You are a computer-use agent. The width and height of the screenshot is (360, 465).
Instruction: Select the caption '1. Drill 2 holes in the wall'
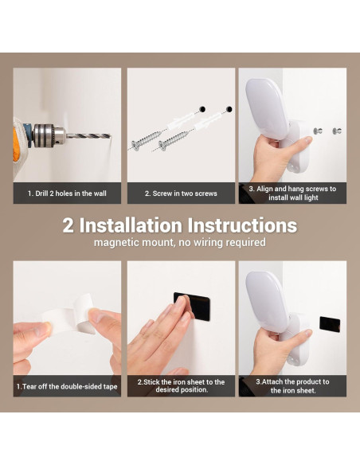[67, 193]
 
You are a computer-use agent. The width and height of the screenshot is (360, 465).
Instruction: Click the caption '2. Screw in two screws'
[181, 193]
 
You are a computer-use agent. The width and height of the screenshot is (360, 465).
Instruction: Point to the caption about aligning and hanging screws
[292, 193]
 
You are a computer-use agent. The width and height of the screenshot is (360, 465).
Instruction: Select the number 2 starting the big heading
[69, 225]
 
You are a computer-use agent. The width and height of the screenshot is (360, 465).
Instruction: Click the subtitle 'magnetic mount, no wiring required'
[179, 243]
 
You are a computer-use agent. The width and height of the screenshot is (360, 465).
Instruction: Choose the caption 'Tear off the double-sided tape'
[67, 387]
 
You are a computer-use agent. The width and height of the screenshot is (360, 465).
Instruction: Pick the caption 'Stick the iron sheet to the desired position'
[181, 386]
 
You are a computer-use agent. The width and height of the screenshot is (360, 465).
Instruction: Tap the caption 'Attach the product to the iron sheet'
[292, 386]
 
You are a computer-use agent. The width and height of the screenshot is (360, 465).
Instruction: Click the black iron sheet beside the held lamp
[330, 324]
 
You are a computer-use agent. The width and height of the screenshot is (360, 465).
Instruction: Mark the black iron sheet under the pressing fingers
[194, 307]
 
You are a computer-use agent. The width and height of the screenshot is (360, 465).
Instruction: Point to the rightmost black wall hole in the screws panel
[229, 107]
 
